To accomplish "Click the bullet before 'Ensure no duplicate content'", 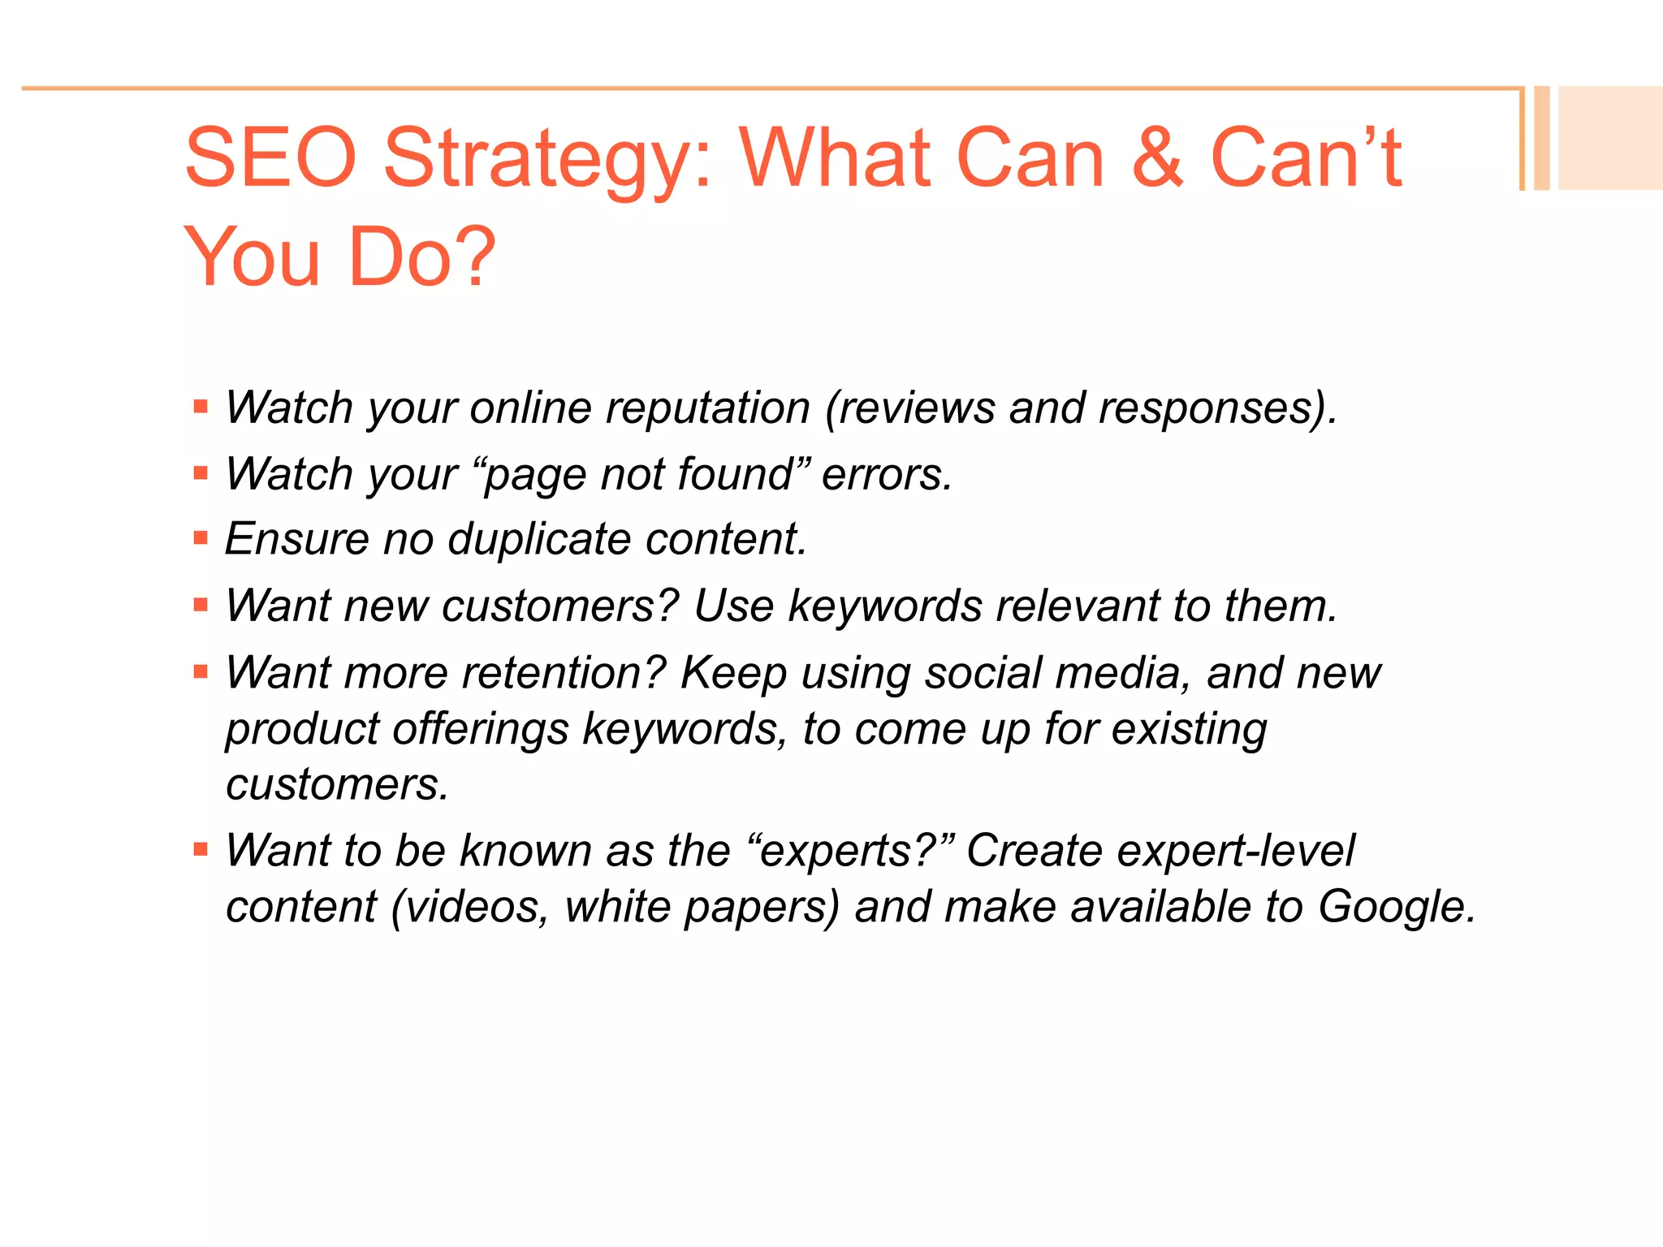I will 201,537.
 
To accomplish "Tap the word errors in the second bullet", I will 886,474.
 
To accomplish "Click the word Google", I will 1396,906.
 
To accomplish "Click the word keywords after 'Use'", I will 885,606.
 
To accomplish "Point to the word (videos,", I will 470,907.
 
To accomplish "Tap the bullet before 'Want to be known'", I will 201,850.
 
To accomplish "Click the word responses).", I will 1217,408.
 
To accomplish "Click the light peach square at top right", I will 1609,138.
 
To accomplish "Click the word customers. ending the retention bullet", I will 337,784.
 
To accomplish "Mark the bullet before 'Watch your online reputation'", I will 201,406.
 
